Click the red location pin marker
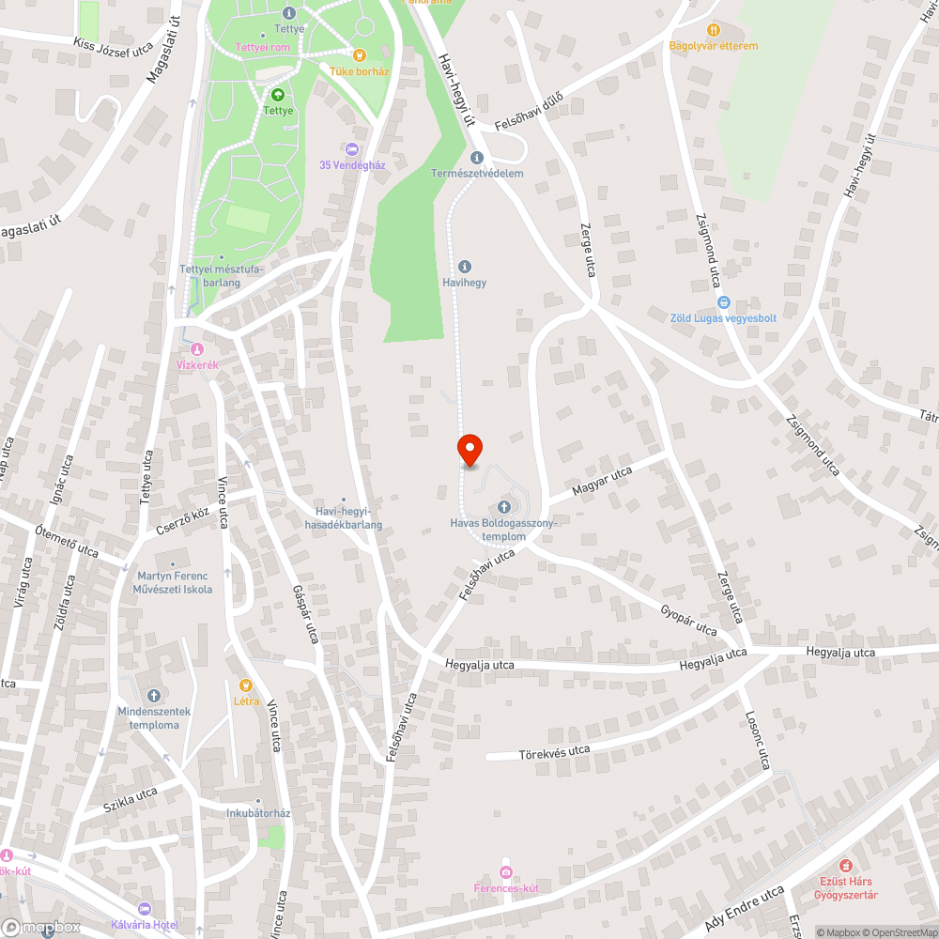(469, 450)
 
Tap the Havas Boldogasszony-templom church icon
(504, 507)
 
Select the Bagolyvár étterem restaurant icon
(713, 30)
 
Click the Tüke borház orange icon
(359, 54)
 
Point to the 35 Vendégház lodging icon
(352, 148)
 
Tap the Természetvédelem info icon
(476, 158)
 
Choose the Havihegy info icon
(464, 267)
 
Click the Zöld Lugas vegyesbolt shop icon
(723, 302)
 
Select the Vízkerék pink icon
(197, 350)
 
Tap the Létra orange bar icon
(246, 685)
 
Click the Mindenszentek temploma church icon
(154, 696)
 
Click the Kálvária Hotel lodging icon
(144, 908)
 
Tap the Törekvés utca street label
(554, 751)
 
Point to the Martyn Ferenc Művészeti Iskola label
(174, 582)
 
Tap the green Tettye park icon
(278, 95)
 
